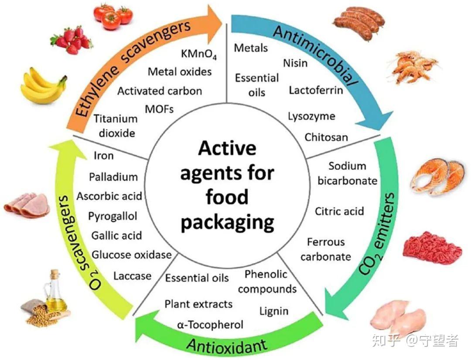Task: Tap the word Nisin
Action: (x=295, y=63)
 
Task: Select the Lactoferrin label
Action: (x=316, y=90)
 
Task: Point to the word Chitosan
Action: (x=326, y=137)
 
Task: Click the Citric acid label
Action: (x=339, y=211)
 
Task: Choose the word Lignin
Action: (x=273, y=311)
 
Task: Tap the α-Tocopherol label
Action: (x=210, y=325)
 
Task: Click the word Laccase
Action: (x=132, y=276)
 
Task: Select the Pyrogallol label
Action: (x=113, y=216)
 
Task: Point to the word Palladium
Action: (x=113, y=177)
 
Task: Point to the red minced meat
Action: (x=431, y=248)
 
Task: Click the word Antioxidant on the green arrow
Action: (x=227, y=346)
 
